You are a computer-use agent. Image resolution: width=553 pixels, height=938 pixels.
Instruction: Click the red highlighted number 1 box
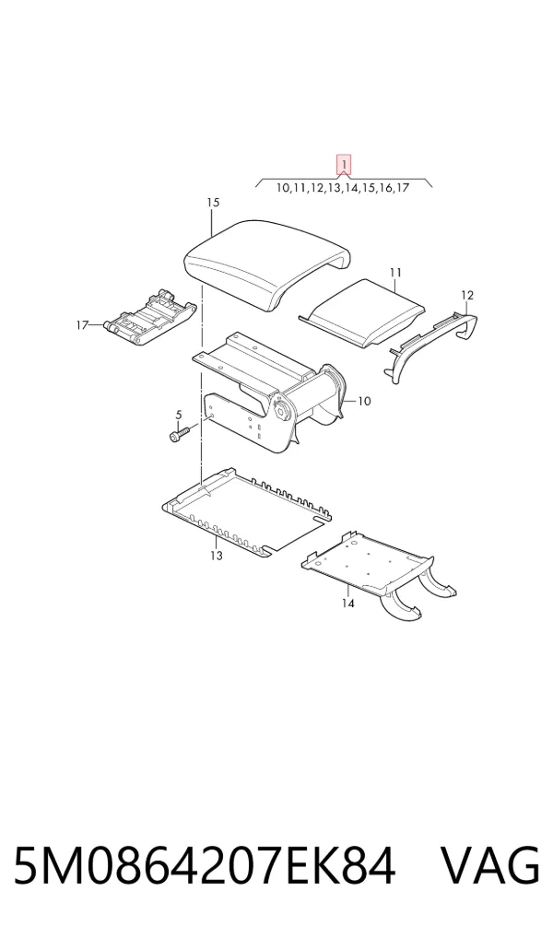[x=344, y=165]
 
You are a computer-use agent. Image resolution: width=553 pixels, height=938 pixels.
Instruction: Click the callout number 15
[x=213, y=203]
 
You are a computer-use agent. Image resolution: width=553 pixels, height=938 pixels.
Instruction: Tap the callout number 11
[x=395, y=274]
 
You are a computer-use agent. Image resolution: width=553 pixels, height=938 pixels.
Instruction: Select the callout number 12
[x=467, y=296]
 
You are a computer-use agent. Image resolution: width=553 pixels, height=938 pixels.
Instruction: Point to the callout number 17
[x=83, y=325]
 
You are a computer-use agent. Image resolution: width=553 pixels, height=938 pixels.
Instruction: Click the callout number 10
[x=364, y=402]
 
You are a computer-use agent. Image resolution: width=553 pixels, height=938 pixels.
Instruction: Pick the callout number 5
[x=178, y=414]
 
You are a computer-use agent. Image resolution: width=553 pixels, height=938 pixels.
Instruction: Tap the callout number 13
[x=216, y=556]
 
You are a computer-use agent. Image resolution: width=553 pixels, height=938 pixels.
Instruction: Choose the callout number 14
[x=347, y=603]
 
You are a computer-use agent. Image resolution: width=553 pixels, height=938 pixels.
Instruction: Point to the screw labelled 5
[x=180, y=434]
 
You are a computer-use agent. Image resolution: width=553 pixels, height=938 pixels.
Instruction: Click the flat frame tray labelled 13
[x=247, y=513]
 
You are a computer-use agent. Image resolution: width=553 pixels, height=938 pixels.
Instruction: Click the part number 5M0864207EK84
[x=205, y=865]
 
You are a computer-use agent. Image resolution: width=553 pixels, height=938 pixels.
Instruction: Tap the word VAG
[x=490, y=865]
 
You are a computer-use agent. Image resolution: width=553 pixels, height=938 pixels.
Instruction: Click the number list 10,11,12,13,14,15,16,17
[x=342, y=188]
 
